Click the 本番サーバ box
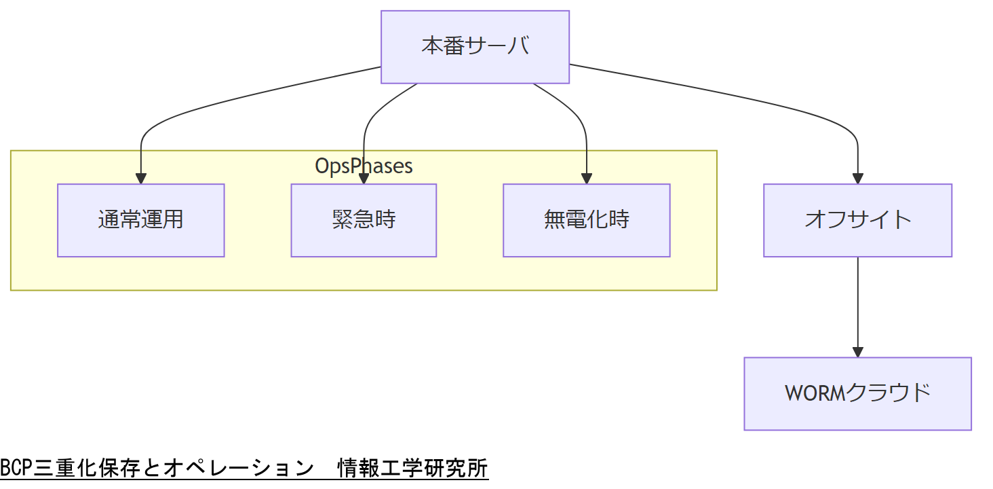pos(475,47)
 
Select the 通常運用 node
pos(140,220)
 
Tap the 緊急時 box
pos(364,220)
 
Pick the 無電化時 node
pos(586,220)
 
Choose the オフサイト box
pos(857,220)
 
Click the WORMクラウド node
pos(857,393)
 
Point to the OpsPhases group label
pos(364,166)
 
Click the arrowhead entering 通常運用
pos(140,179)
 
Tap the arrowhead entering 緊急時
pos(364,179)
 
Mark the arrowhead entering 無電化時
pos(586,179)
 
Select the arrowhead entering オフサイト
pos(857,179)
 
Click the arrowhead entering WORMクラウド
pos(857,352)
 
